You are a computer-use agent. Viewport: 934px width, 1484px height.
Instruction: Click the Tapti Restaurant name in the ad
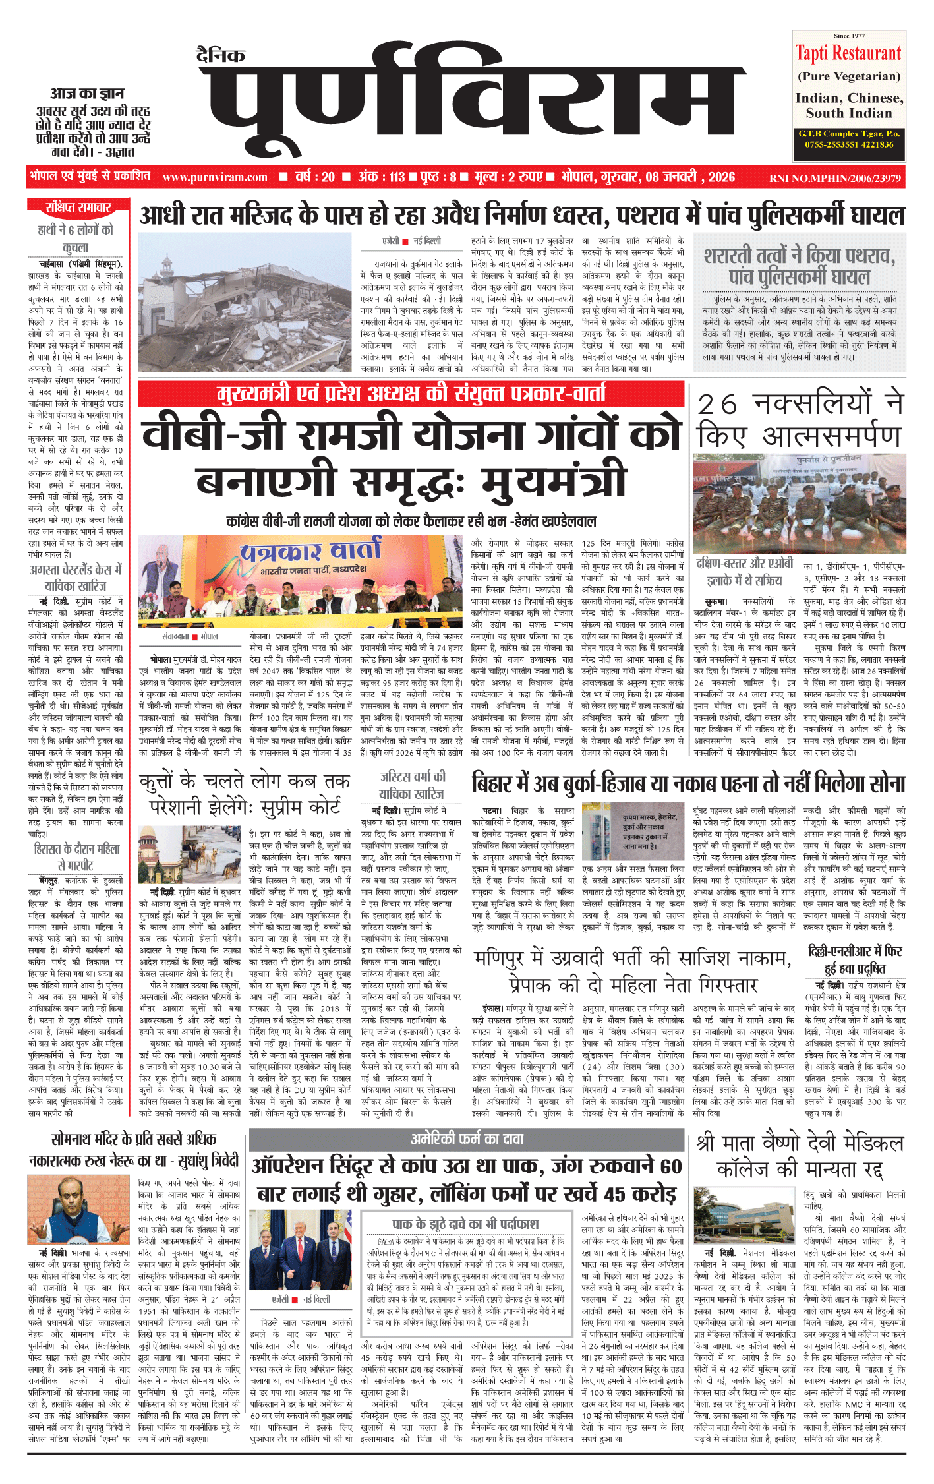(x=848, y=53)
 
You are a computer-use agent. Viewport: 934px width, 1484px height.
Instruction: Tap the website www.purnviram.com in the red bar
(x=215, y=177)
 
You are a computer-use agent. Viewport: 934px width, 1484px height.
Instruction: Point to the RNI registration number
(x=834, y=178)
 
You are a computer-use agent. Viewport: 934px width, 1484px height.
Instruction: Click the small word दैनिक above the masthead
(x=220, y=55)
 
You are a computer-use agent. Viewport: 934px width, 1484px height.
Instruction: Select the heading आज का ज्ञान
(x=87, y=93)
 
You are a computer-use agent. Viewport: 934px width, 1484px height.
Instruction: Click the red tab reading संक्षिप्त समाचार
(x=78, y=208)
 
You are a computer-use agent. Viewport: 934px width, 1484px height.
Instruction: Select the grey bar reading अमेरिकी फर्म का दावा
(x=467, y=1139)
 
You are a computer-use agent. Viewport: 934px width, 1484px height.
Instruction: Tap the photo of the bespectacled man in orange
(x=78, y=1210)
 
